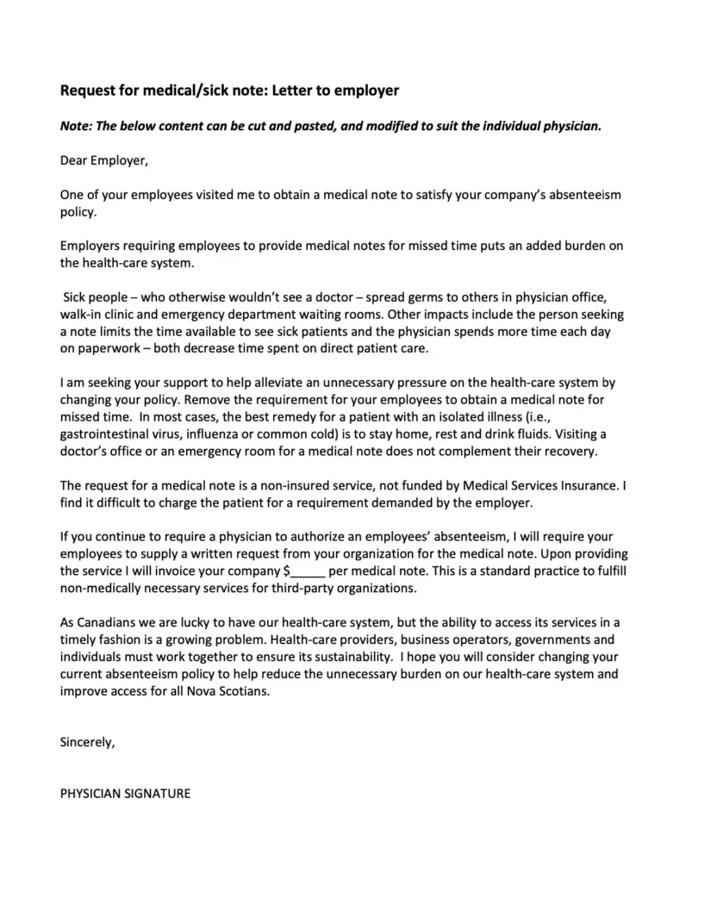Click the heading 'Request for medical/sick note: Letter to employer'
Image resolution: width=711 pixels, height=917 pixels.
[x=229, y=90]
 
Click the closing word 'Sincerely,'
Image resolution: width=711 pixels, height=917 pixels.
[x=87, y=740]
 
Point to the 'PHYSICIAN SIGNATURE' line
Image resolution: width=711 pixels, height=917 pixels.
[x=125, y=793]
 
